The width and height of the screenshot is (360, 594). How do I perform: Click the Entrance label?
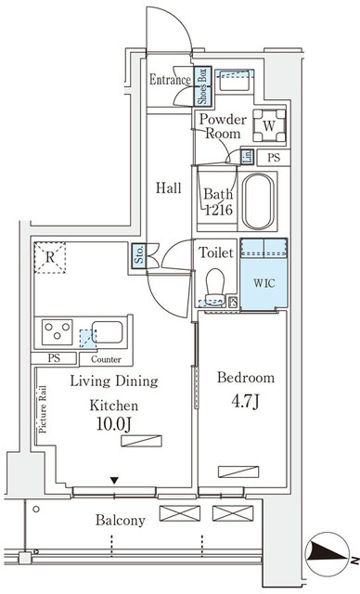[x=170, y=81]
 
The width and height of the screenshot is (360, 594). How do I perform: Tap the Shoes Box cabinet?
[x=200, y=87]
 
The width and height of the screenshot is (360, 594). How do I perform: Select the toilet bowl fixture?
[x=215, y=285]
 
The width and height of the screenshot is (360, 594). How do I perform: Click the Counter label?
[x=106, y=358]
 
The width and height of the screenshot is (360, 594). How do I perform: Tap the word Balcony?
[x=120, y=520]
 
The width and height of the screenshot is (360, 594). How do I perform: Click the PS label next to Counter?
[x=56, y=358]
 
